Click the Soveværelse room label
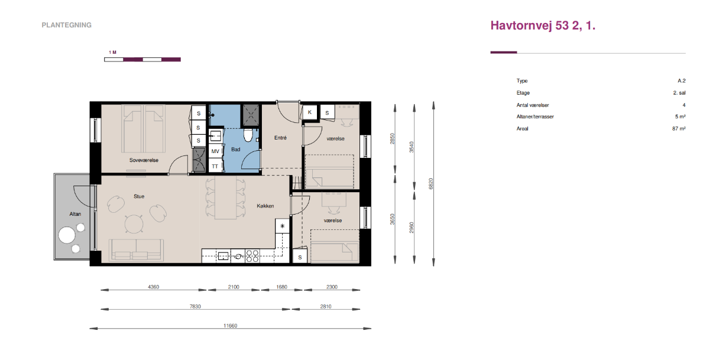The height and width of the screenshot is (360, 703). [144, 160]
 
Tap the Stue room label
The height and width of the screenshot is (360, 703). [139, 196]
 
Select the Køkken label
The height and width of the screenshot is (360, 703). [265, 206]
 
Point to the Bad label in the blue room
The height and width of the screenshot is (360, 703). [236, 150]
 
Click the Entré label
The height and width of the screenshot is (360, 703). [281, 138]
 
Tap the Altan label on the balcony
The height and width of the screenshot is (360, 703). [75, 215]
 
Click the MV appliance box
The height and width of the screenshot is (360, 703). [216, 151]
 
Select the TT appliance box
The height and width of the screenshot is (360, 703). [216, 166]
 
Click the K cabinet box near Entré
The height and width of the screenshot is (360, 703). [310, 112]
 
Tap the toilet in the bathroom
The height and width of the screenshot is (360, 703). [248, 135]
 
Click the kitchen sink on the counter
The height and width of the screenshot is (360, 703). [223, 257]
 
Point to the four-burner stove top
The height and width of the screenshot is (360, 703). [252, 255]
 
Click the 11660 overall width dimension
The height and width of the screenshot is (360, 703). [231, 326]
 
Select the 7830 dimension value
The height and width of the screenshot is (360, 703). [196, 307]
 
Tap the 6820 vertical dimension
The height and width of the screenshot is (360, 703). [431, 184]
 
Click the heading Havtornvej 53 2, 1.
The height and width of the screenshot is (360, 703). [543, 25]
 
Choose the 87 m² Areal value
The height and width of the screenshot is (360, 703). [679, 129]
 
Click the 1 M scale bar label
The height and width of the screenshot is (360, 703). [112, 53]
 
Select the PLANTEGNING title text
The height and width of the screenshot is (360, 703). [66, 25]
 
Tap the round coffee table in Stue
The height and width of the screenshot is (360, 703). [134, 223]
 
